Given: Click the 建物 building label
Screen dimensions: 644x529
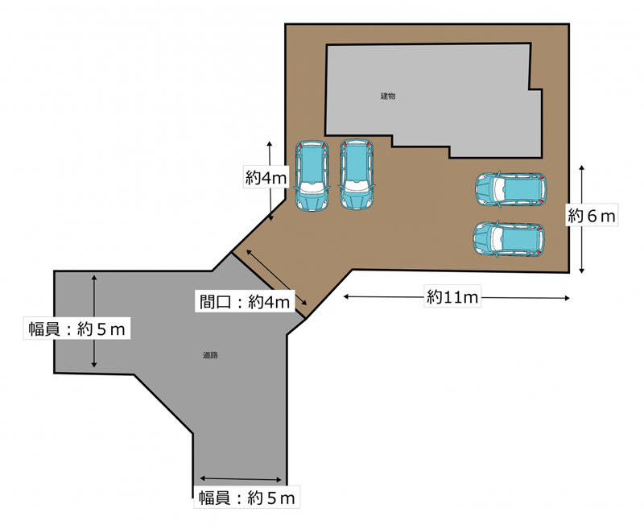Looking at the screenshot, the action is (x=388, y=96).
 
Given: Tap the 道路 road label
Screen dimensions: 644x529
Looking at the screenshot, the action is (x=210, y=355).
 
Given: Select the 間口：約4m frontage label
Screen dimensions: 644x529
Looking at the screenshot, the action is (x=245, y=302).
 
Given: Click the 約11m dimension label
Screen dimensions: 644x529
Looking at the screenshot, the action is (x=452, y=296).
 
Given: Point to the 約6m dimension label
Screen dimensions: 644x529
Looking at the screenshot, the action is (x=592, y=216).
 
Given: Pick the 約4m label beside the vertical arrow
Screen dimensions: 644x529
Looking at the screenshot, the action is (x=266, y=177).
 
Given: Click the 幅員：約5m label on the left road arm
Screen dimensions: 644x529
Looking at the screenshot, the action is (x=76, y=329).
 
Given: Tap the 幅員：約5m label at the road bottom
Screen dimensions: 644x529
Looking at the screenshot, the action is (x=247, y=498).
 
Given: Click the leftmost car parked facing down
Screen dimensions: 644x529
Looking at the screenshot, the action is (x=312, y=176).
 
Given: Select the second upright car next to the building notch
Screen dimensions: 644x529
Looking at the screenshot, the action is (x=357, y=175).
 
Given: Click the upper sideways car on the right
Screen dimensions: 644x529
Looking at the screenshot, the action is (x=510, y=189).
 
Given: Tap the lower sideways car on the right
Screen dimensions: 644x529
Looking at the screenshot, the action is (x=509, y=239).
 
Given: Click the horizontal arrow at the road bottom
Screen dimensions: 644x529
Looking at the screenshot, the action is (x=241, y=479).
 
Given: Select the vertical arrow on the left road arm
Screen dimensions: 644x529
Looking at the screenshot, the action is (x=94, y=321).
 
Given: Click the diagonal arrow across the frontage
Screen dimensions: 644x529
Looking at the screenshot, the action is (x=276, y=277).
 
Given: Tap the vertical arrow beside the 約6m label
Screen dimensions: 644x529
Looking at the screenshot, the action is (x=581, y=219).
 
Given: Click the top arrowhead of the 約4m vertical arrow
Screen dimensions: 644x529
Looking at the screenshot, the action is (x=270, y=143).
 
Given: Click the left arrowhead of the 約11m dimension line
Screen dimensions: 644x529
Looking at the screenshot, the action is (x=345, y=296).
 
